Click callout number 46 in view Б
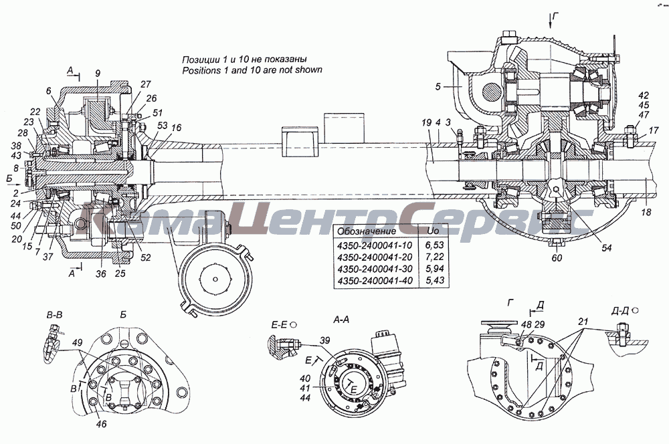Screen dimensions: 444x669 [x=101, y=424]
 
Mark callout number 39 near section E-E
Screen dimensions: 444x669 [x=325, y=342]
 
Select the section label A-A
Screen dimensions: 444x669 [x=342, y=320]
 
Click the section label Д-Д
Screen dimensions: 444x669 [x=621, y=312]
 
